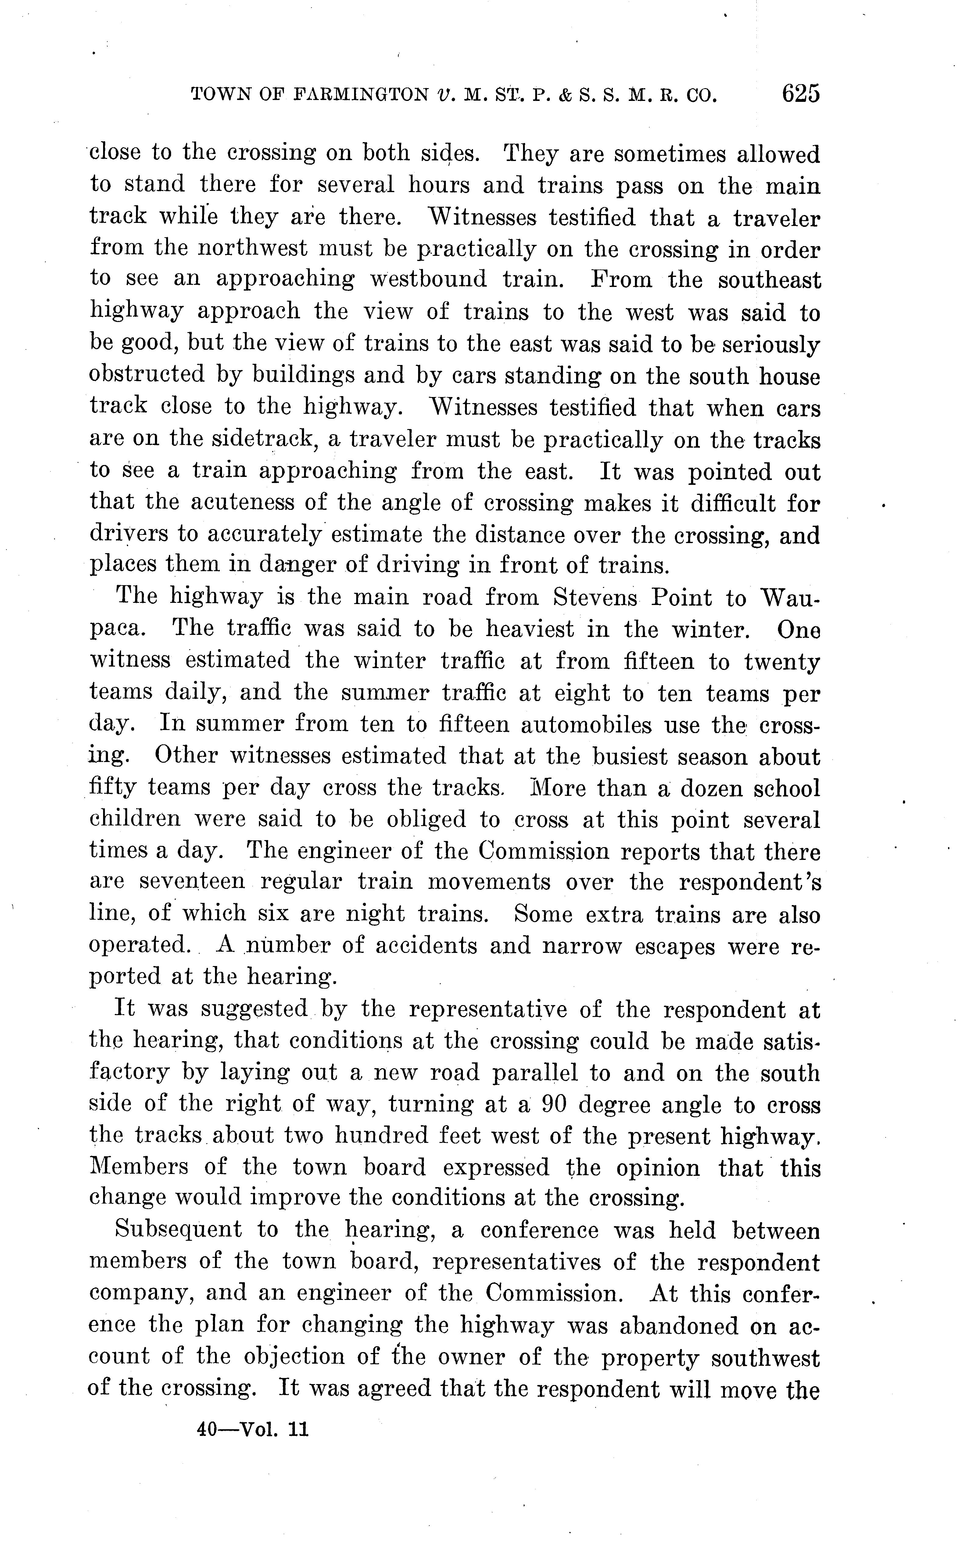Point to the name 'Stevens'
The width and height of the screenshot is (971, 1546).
point(595,598)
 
